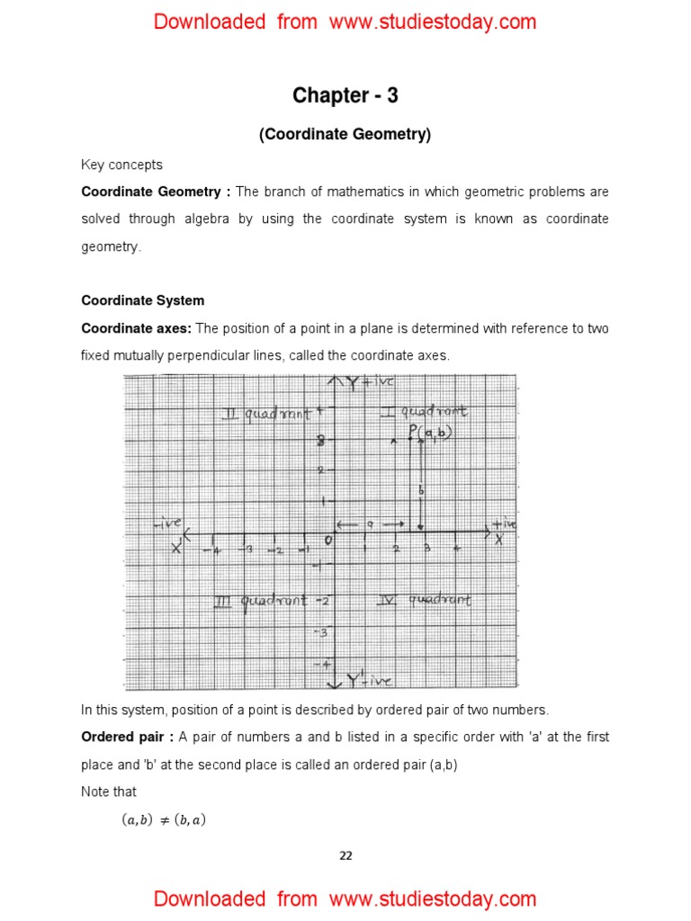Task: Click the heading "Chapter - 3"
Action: [345, 95]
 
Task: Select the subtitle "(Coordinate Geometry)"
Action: [345, 135]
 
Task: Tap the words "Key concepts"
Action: [122, 165]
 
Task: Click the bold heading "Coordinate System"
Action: [143, 300]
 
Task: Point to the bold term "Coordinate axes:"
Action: [137, 328]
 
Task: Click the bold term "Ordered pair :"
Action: [127, 737]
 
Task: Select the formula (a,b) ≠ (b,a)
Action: [164, 819]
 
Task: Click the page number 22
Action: [345, 855]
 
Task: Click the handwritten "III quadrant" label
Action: [260, 601]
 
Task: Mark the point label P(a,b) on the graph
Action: [430, 433]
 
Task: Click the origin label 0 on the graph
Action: [328, 540]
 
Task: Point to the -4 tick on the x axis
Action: [215, 550]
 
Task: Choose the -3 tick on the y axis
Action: [323, 631]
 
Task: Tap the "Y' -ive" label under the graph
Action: [369, 682]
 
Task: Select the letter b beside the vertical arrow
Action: [420, 490]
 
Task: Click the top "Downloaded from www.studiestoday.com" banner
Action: [345, 22]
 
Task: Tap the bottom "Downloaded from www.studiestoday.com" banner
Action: [345, 899]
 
